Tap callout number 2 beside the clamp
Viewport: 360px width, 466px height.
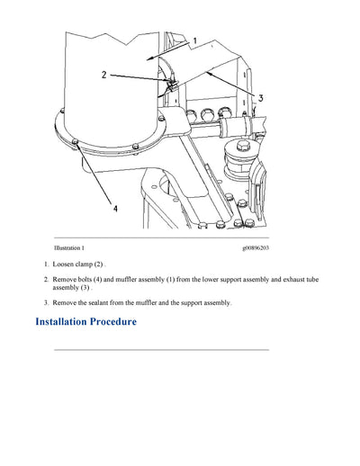[x=104, y=75]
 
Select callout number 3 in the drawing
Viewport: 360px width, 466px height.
[x=260, y=97]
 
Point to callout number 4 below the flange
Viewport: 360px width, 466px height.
[x=113, y=208]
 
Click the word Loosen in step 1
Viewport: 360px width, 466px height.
[x=65, y=264]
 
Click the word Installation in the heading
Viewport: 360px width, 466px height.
[x=67, y=322]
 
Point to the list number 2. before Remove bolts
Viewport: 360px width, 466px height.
[x=46, y=281]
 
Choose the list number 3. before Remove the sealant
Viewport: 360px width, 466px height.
[x=46, y=303]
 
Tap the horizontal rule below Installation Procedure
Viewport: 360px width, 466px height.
[x=162, y=349]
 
